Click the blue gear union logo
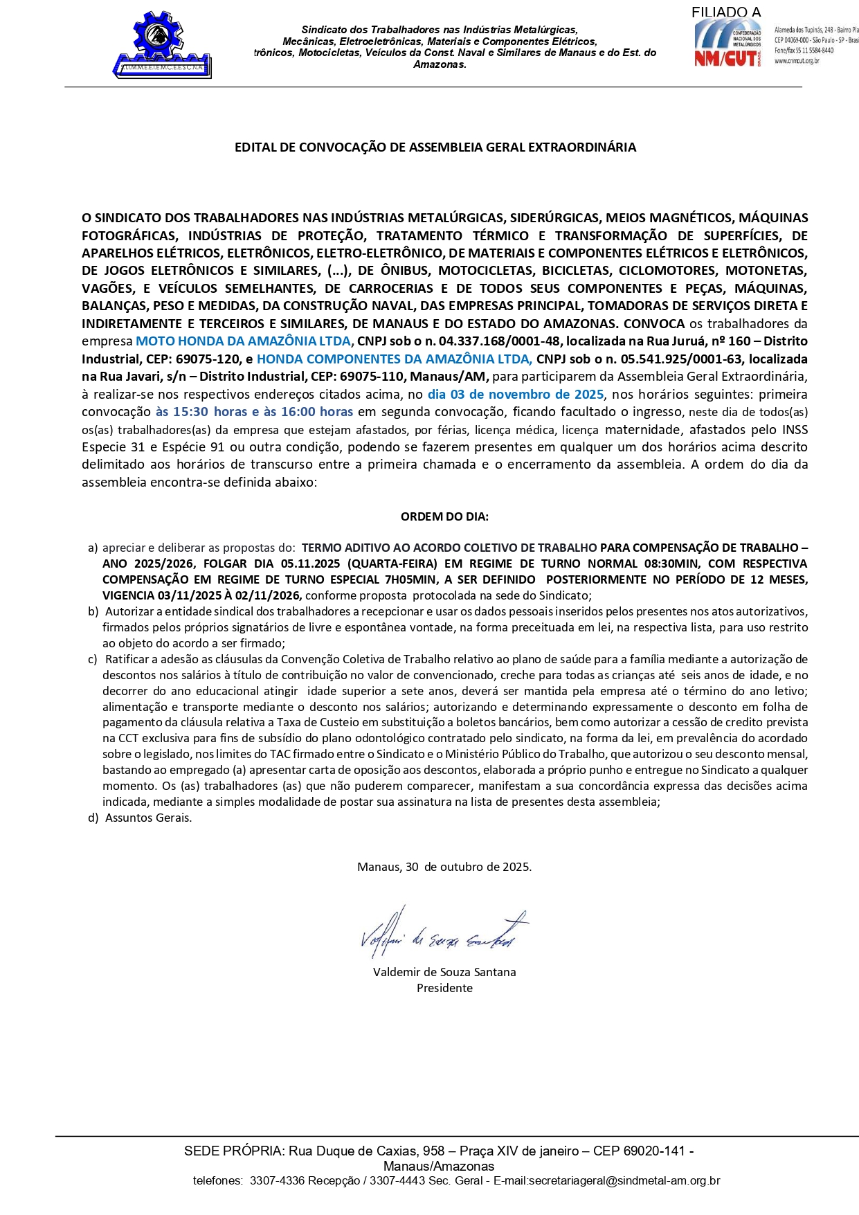pos(162,44)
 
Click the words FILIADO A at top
pos(725,12)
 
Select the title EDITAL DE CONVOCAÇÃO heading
pos(435,147)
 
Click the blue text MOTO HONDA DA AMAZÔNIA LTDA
pos(243,341)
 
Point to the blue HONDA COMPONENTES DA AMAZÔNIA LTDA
pos(394,359)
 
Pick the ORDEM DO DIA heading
pos(444,516)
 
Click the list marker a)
pos(93,548)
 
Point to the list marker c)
pos(93,659)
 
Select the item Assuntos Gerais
pos(148,818)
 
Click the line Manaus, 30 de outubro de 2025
pos(444,867)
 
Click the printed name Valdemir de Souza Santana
pos(444,972)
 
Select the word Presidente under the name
pos(444,988)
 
